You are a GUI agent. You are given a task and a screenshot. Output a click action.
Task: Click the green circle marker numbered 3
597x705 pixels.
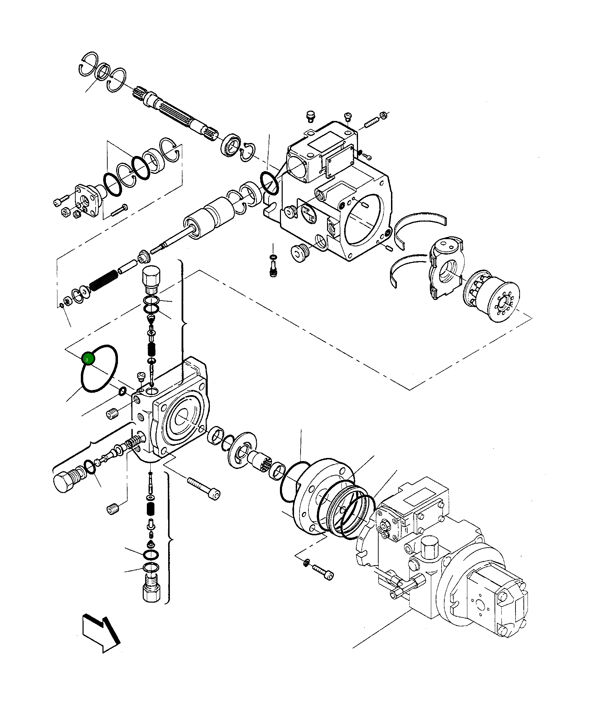(87, 359)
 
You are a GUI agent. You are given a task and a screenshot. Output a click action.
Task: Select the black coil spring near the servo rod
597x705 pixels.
(103, 280)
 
